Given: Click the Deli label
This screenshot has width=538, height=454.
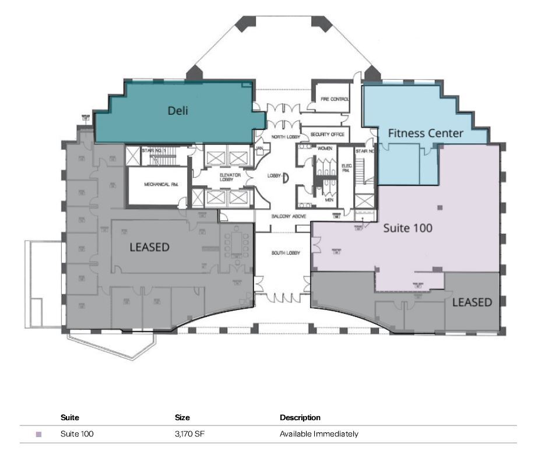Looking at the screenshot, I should click(178, 111).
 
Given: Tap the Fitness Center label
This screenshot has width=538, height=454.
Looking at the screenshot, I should click(426, 133).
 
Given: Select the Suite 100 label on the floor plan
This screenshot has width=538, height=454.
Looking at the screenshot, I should click(407, 228).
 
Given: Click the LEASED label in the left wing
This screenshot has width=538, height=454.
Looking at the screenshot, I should click(149, 247).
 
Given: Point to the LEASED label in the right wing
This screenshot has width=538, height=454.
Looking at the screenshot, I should click(472, 302).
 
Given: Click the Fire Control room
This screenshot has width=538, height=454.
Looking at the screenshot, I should click(331, 100).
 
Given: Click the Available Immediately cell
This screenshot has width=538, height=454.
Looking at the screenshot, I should click(319, 434).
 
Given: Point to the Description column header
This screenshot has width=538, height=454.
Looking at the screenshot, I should click(300, 418).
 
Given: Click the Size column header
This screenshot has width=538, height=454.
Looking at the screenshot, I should click(182, 418).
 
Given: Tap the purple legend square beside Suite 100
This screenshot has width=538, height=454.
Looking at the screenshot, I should click(39, 434).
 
